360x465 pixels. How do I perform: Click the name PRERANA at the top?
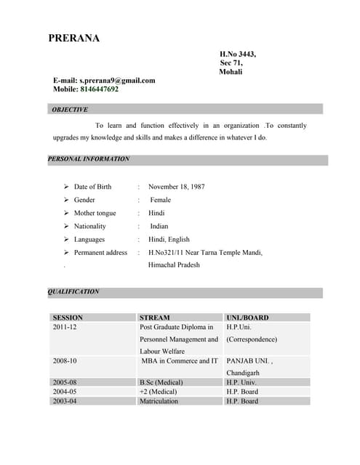pyautogui.click(x=74, y=39)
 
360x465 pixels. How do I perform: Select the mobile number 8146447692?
pyautogui.click(x=95, y=89)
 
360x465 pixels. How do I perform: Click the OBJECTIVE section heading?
pyautogui.click(x=70, y=110)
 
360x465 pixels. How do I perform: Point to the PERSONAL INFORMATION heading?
pyautogui.click(x=89, y=159)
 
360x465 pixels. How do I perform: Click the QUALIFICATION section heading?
pyautogui.click(x=73, y=291)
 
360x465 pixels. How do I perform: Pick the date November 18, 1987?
pyautogui.click(x=176, y=187)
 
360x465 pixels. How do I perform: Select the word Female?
pyautogui.click(x=160, y=200)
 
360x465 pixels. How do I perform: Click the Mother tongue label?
pyautogui.click(x=95, y=213)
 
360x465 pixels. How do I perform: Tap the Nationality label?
pyautogui.click(x=89, y=226)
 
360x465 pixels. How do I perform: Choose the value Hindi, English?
pyautogui.click(x=169, y=239)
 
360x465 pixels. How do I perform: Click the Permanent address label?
pyautogui.click(x=100, y=252)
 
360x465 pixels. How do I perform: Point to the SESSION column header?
pyautogui.click(x=68, y=318)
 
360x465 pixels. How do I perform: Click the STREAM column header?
pyautogui.click(x=154, y=318)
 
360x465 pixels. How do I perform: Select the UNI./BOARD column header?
pyautogui.click(x=247, y=318)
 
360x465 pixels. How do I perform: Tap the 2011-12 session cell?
pyautogui.click(x=65, y=327)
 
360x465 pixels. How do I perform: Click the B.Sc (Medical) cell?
pyautogui.click(x=161, y=382)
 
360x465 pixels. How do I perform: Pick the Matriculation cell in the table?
pyautogui.click(x=159, y=401)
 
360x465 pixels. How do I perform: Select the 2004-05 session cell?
pyautogui.click(x=65, y=392)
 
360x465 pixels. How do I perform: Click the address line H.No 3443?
pyautogui.click(x=238, y=54)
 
